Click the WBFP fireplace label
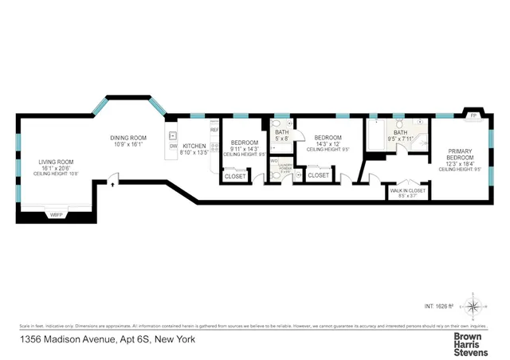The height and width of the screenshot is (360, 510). pos(56,215)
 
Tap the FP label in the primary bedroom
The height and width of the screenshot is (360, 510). pos(474,116)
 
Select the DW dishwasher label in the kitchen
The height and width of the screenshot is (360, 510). pos(173,146)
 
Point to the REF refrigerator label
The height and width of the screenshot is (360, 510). pos(214,129)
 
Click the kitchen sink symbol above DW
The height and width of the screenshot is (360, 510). pos(172,135)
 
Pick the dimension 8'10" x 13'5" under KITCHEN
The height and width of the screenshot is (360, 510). pos(195,152)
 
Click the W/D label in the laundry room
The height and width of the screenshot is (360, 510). pos(274,162)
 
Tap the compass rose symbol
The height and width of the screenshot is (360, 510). pos(475,305)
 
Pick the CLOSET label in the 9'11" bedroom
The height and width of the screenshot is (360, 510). pos(235,175)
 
